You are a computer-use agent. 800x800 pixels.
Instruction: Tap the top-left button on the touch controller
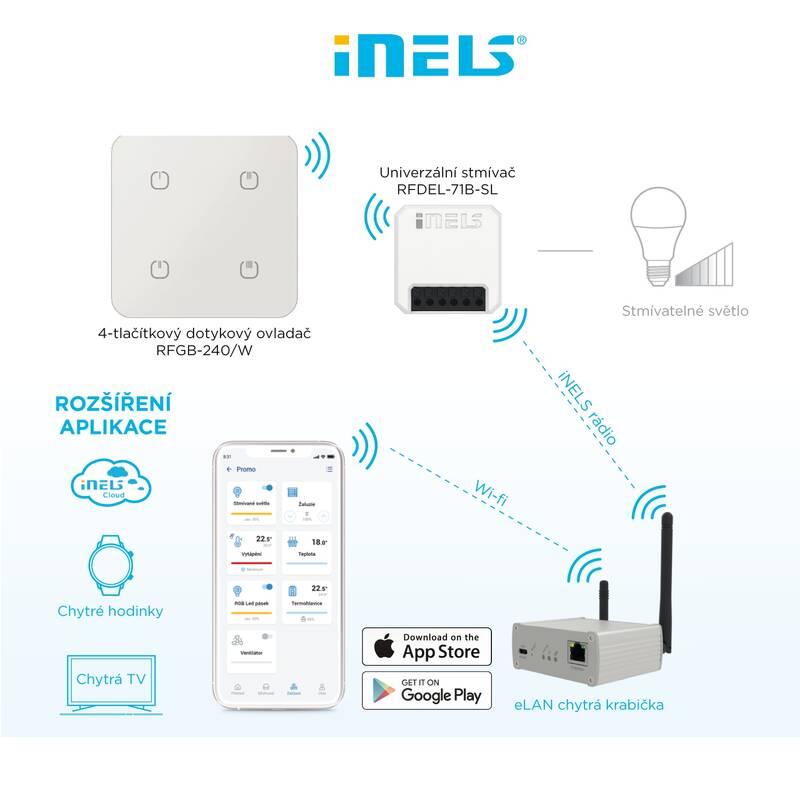[157, 181]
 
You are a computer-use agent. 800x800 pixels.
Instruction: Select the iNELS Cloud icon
[109, 483]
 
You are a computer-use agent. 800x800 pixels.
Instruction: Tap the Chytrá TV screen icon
[109, 683]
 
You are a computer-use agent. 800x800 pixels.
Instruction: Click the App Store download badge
[428, 646]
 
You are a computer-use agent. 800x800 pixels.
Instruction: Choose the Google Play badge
[428, 690]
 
